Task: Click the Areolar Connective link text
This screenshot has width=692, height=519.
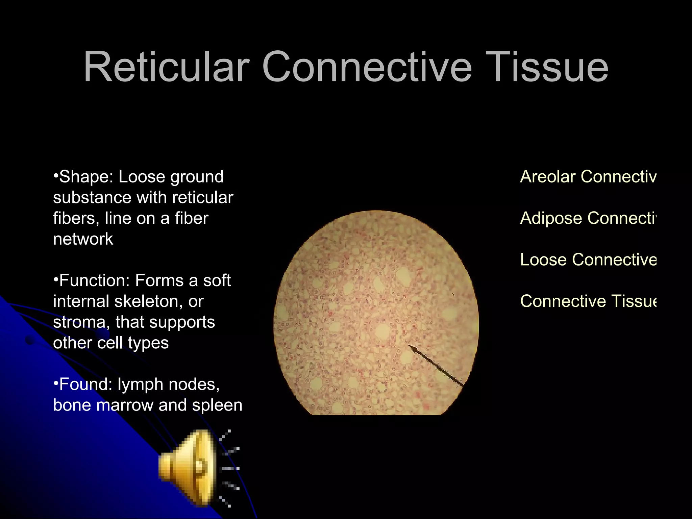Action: point(588,177)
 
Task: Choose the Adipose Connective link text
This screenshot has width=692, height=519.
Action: point(588,218)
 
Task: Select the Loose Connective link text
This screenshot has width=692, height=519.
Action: point(588,260)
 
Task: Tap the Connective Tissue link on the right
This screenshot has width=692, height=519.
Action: point(588,301)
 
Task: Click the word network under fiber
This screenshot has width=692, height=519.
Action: point(83,239)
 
